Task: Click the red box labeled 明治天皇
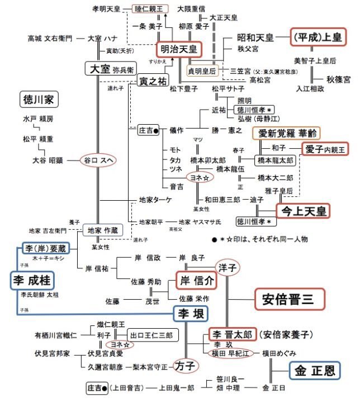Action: coord(176,49)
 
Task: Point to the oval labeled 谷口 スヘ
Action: coord(98,160)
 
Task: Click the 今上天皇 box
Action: coord(303,210)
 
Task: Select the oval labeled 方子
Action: coord(185,366)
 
